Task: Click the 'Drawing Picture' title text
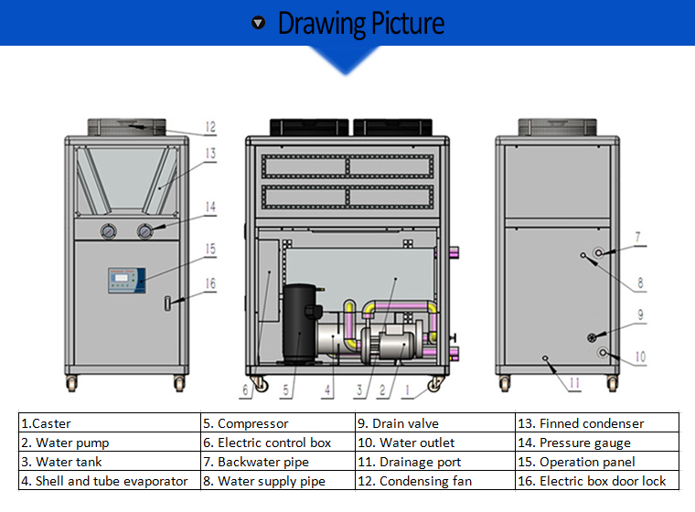360,23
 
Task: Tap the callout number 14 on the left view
210,208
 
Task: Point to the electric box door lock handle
168,303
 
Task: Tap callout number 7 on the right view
640,237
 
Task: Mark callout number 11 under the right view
573,386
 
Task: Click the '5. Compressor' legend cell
277,423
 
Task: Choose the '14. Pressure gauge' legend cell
596,443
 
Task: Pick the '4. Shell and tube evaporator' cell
109,481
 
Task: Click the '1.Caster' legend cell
109,423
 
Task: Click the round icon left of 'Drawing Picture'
259,23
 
